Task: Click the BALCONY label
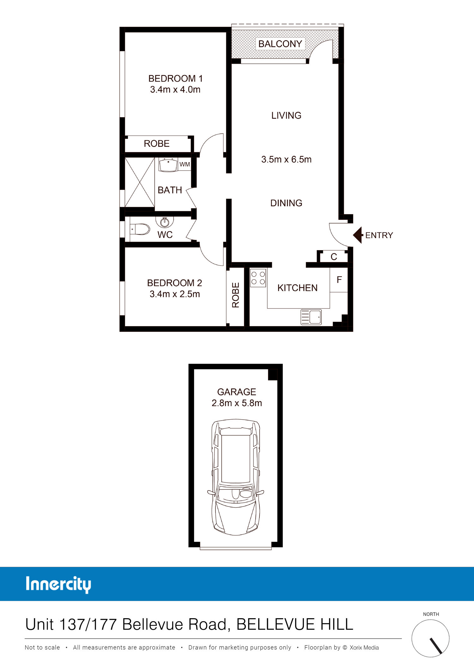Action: (280, 44)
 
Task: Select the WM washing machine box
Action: (185, 164)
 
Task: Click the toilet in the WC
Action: (140, 229)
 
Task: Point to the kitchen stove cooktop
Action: (258, 278)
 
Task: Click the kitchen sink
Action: (311, 317)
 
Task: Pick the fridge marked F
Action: (339, 280)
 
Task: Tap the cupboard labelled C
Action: (334, 257)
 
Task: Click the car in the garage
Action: (236, 477)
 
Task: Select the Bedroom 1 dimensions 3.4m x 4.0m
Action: (175, 90)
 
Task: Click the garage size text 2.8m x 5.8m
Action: (237, 403)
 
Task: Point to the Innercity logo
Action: (58, 585)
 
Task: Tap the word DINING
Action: (286, 203)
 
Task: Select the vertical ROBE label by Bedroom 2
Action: (236, 295)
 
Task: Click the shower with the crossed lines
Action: (140, 182)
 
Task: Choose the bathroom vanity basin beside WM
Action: (168, 165)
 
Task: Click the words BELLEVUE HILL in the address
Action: (295, 625)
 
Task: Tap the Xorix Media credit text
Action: (364, 648)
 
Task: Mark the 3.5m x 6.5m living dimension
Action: (286, 159)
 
